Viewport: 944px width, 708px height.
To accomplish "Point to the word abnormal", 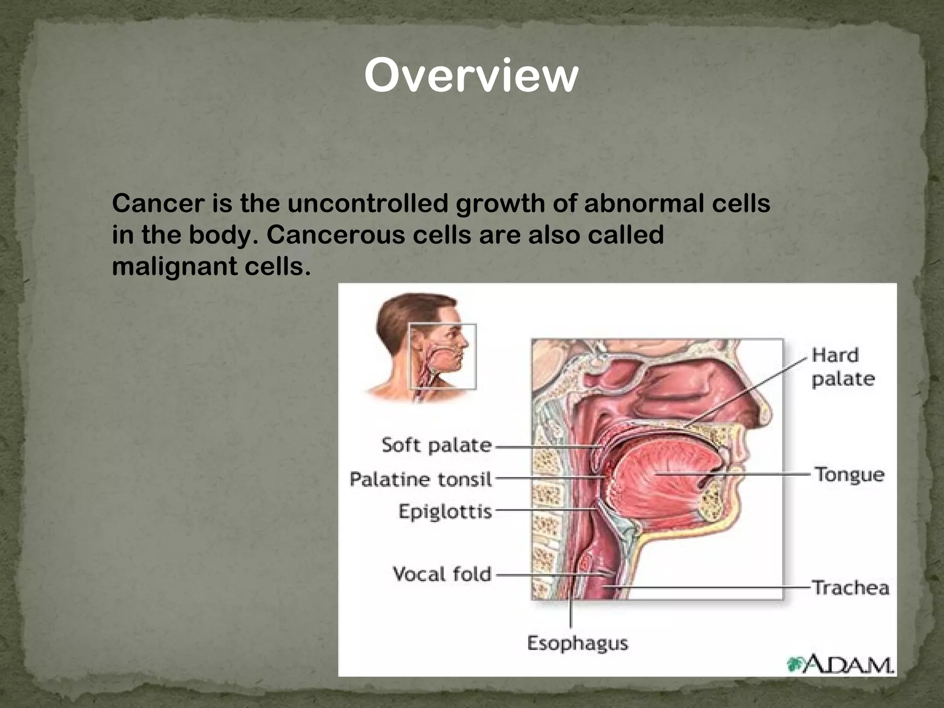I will [645, 203].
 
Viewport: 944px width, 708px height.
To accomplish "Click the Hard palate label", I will [843, 367].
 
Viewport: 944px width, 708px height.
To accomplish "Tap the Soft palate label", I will [437, 445].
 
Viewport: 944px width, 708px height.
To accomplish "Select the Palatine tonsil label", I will [421, 479].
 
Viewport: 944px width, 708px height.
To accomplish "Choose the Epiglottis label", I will [445, 512].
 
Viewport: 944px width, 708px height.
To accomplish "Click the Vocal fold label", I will [442, 574].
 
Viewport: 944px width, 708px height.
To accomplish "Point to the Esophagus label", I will [577, 643].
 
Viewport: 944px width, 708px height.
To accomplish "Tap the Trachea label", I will [850, 588].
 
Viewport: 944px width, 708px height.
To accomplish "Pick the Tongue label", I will [850, 474].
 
